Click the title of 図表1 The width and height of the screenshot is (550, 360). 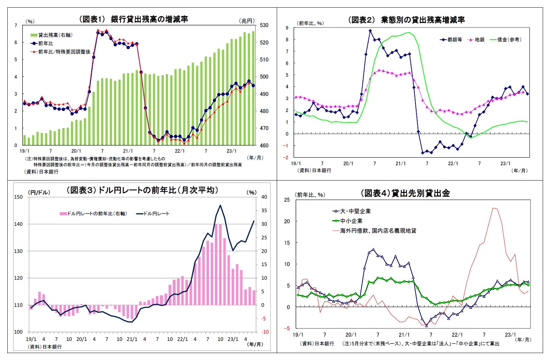[134, 19]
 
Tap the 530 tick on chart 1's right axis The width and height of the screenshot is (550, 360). [264, 25]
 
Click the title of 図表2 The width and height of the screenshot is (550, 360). [406, 20]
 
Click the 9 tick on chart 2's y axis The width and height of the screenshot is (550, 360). [287, 28]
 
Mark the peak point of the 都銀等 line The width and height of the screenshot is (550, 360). [370, 31]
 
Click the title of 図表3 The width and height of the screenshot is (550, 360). [142, 190]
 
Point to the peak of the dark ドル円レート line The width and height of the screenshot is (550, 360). [220, 205]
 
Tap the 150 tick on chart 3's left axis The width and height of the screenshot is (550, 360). [18, 197]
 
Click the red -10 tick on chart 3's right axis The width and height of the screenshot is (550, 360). [265, 332]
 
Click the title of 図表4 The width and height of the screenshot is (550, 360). [405, 193]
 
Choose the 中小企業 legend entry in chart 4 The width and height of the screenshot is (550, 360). [351, 221]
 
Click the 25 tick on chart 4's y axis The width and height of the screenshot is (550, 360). [287, 200]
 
